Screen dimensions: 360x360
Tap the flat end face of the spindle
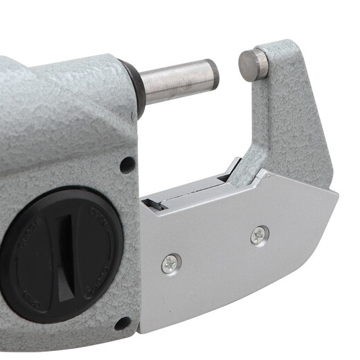(x=213, y=74)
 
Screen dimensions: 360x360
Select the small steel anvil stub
(x=253, y=64)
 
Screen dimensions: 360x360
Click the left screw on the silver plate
(x=170, y=262)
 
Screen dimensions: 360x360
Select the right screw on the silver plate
(x=260, y=235)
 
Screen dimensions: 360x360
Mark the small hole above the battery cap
(x=127, y=165)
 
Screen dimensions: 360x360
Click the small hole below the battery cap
(x=122, y=323)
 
